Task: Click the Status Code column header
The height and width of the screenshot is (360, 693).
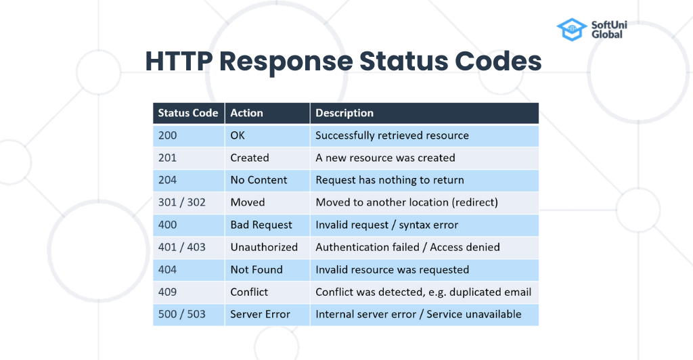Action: pos(188,113)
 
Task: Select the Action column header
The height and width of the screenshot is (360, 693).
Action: pos(247,113)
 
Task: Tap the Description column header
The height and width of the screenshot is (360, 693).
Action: pos(344,113)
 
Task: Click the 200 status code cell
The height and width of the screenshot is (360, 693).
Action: pos(168,135)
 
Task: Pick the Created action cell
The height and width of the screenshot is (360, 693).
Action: pos(250,158)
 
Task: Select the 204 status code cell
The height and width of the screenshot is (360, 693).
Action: pos(168,180)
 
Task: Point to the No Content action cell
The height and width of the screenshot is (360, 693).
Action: pos(259,180)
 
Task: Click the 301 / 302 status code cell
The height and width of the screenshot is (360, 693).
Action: pos(181,202)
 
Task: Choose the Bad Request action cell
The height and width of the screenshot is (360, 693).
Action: pos(261,225)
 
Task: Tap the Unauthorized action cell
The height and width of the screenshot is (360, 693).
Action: pos(264,247)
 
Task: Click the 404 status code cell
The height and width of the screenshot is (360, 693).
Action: pos(168,269)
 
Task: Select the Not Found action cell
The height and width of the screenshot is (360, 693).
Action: pos(256,269)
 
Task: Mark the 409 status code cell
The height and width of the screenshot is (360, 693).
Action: pos(168,292)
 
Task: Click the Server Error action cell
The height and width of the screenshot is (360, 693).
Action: pos(260,314)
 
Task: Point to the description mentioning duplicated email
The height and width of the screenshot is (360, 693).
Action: pos(423,292)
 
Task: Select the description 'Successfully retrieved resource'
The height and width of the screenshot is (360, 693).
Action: pos(392,135)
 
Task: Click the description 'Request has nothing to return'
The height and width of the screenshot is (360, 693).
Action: pos(390,180)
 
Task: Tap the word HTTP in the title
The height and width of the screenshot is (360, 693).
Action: pos(177,62)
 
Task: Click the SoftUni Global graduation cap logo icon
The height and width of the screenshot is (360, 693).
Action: pos(571,30)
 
